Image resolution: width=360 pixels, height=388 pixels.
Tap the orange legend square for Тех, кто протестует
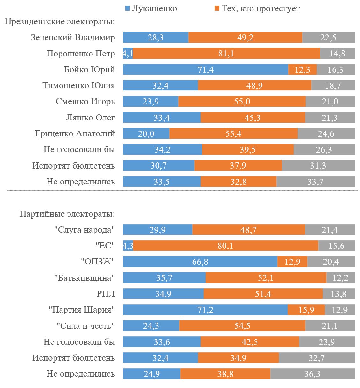[x=217, y=9]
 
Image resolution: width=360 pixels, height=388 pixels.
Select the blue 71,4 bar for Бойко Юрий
[x=205, y=69]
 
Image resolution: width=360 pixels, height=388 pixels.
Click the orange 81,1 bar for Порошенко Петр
[x=226, y=54]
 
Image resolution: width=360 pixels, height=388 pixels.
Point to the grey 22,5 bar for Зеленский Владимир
[x=328, y=38]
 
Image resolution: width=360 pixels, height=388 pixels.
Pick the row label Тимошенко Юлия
[x=79, y=85]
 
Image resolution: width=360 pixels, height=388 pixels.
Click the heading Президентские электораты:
[x=60, y=22]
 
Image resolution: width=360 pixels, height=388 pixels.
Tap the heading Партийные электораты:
[x=67, y=213]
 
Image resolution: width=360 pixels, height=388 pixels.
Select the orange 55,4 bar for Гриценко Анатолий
[x=233, y=133]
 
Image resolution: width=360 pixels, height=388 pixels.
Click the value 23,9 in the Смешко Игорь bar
[x=151, y=102]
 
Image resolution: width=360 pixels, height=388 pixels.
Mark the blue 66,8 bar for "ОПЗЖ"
[x=200, y=262]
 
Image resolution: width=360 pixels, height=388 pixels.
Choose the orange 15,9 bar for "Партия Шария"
[x=306, y=310]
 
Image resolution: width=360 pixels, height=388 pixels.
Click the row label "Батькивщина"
[x=84, y=278]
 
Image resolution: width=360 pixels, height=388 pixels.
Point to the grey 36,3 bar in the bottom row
[x=312, y=374]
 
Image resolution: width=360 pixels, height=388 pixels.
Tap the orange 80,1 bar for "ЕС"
[x=225, y=246]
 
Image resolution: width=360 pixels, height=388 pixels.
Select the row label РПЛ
[x=106, y=294]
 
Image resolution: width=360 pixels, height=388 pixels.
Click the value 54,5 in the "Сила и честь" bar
[x=242, y=326]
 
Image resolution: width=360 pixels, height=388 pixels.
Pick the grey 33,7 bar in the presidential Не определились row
[x=315, y=182]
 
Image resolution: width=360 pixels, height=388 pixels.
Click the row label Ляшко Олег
[x=91, y=118]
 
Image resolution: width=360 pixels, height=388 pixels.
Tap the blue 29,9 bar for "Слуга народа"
[x=158, y=230]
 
